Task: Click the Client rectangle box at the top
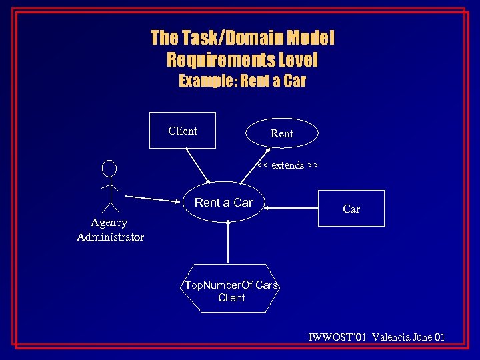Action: [x=183, y=131]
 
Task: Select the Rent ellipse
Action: [x=282, y=133]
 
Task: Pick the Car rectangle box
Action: [x=351, y=209]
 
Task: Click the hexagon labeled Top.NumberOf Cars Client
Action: [x=231, y=291]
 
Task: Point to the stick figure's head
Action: [x=109, y=169]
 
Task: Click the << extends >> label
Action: [x=288, y=165]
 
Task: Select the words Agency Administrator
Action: [x=110, y=229]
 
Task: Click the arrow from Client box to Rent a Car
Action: [x=197, y=165]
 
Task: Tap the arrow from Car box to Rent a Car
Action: [x=293, y=207]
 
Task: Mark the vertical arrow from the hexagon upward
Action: [x=229, y=243]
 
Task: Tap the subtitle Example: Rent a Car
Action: [x=242, y=81]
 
